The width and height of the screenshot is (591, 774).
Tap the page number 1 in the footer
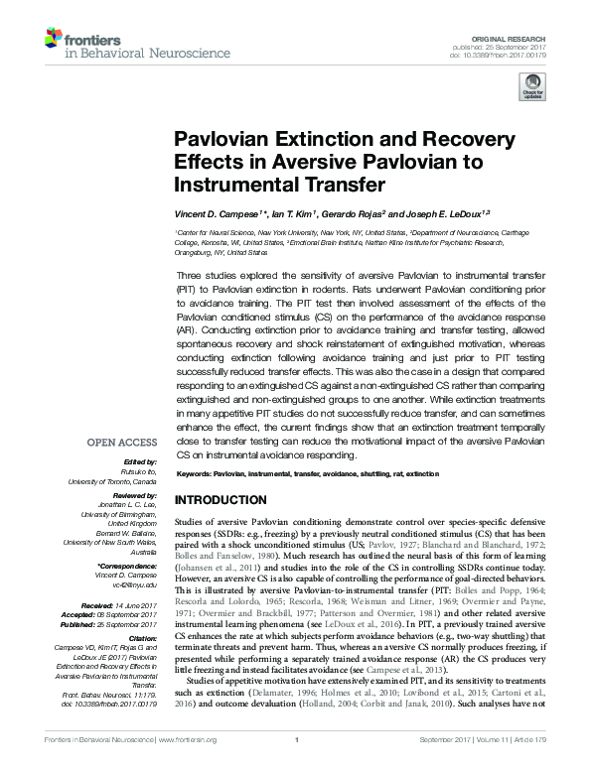(297, 766)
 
